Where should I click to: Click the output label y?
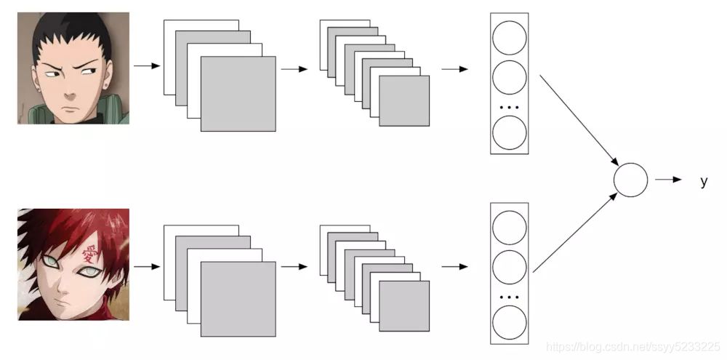point(703,182)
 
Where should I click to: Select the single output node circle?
point(630,180)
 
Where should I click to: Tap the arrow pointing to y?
point(668,180)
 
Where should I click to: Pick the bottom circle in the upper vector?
point(509,132)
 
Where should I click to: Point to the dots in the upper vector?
point(509,107)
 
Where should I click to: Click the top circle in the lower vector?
point(509,226)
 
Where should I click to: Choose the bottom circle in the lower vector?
point(509,322)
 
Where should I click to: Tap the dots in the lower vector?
point(509,297)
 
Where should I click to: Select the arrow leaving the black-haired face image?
point(146,67)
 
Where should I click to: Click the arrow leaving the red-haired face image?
point(146,266)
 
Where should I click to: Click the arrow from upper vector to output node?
point(579,120)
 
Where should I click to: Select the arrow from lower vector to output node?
point(577,233)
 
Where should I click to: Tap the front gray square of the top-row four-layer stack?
point(238,94)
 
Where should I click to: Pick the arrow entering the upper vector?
point(454,70)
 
